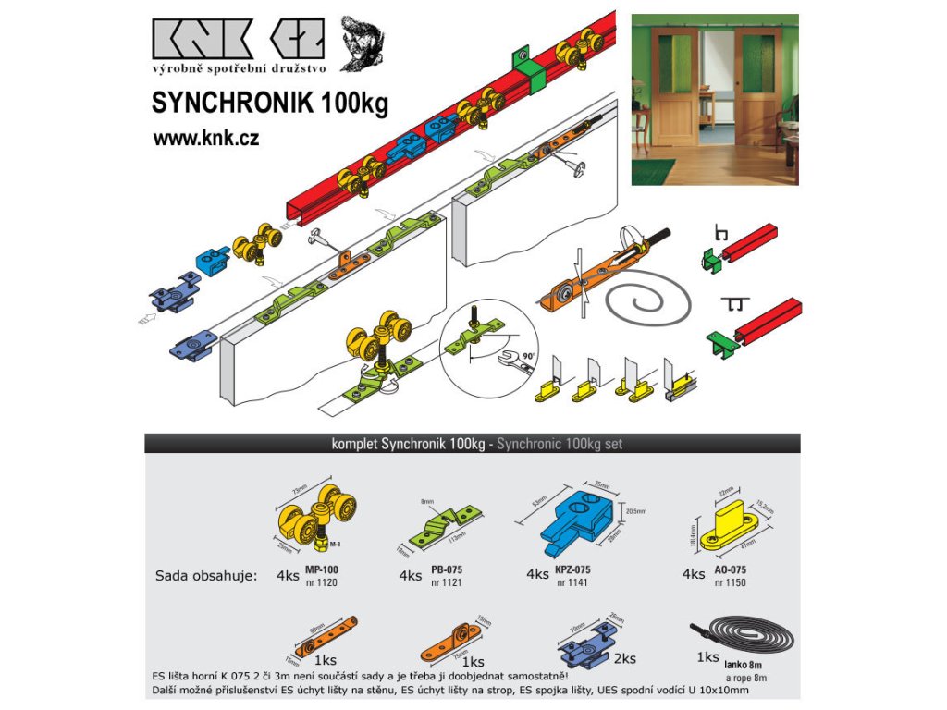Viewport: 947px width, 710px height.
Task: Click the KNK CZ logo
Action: [x=239, y=42]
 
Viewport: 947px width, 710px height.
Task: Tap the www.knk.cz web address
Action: [x=205, y=139]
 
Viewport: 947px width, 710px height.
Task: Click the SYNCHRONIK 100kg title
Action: [x=269, y=103]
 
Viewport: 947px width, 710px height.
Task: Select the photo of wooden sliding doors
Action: [x=715, y=100]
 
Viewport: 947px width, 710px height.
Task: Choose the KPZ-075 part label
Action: [x=573, y=570]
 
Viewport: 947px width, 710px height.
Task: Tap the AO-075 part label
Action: [x=731, y=570]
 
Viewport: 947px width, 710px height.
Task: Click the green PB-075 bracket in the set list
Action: [x=446, y=522]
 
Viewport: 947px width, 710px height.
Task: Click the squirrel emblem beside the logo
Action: [x=362, y=43]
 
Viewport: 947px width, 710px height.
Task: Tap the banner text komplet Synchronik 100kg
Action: [x=408, y=444]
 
